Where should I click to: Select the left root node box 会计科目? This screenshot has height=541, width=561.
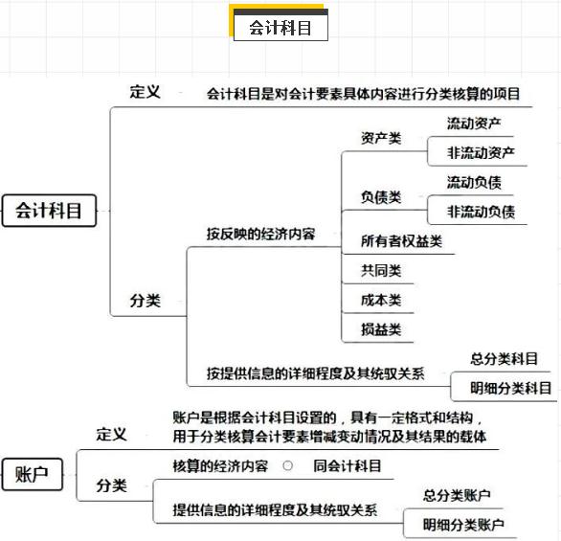(x=49, y=211)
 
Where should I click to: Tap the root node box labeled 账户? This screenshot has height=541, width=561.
(x=33, y=474)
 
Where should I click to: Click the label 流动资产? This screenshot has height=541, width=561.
(x=474, y=124)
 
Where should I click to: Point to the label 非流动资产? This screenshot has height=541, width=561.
(x=481, y=153)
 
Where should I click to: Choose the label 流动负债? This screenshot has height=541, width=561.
(x=474, y=183)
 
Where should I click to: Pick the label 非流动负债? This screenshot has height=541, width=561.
(x=481, y=212)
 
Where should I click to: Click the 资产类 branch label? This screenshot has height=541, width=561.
(x=381, y=138)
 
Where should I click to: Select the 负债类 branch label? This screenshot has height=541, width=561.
(x=381, y=197)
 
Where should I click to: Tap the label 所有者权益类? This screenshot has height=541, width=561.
(x=401, y=241)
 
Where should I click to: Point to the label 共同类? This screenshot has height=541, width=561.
(x=381, y=270)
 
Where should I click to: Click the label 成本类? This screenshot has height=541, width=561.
(x=381, y=300)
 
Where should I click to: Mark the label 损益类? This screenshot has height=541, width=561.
(x=381, y=329)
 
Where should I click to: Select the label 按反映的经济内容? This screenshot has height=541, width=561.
(x=260, y=234)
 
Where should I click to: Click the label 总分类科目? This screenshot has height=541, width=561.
(x=505, y=359)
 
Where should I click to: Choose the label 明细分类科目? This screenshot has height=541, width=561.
(x=510, y=388)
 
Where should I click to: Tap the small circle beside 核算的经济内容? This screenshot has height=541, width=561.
(x=287, y=465)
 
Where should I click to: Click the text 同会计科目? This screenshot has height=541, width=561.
(x=348, y=466)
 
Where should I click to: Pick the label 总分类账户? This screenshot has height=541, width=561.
(x=457, y=496)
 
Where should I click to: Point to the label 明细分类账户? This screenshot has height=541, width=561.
(x=463, y=525)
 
